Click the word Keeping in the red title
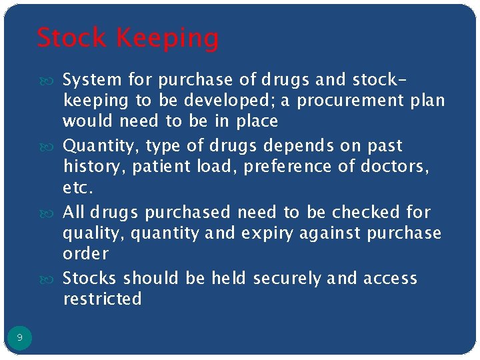pyautogui.click(x=172, y=39)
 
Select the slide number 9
pyautogui.click(x=19, y=338)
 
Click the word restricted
pyautogui.click(x=102, y=299)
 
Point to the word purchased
pyautogui.click(x=189, y=212)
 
